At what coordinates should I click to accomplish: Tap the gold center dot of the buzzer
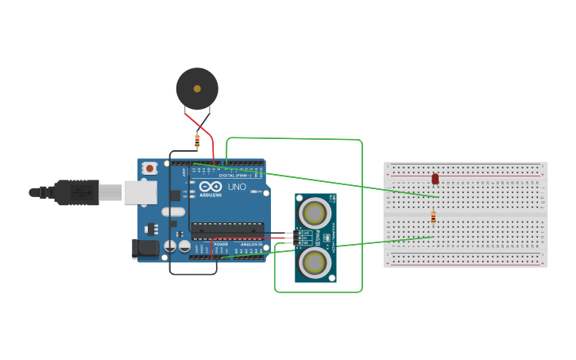coord(196,88)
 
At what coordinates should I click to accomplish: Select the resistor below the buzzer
coord(197,142)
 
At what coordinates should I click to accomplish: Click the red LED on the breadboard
coord(435,179)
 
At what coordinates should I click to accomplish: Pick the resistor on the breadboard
coord(433,217)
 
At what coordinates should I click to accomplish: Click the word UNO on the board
coord(238,188)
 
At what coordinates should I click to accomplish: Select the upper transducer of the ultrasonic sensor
coord(315,212)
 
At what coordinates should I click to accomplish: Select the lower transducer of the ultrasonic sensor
coord(315,260)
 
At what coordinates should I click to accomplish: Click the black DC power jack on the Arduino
coord(146,248)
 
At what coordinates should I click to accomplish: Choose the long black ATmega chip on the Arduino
coord(227,230)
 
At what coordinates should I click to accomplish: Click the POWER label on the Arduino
coord(221,243)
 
